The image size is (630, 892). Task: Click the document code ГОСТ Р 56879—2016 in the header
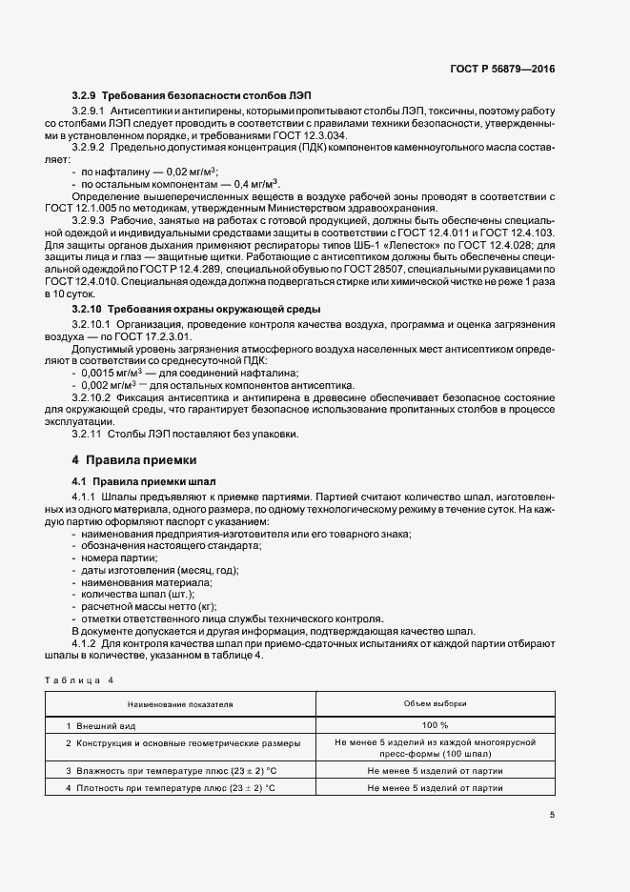(x=502, y=69)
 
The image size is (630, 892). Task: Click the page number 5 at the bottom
(x=552, y=814)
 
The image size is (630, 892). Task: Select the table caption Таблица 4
(x=79, y=679)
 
